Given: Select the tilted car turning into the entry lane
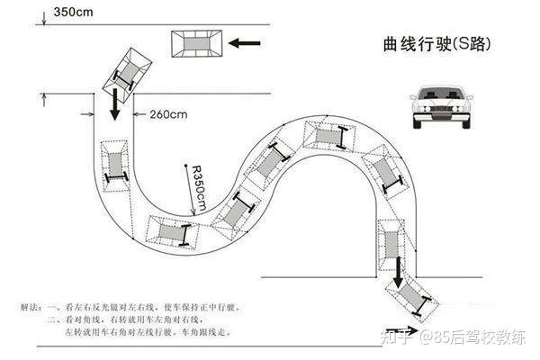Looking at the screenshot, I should click(x=127, y=71).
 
